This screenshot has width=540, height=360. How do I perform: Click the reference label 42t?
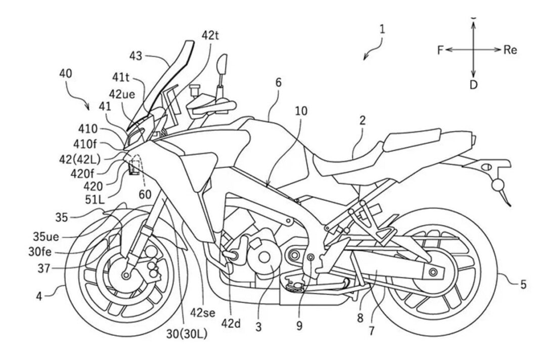pyautogui.click(x=210, y=35)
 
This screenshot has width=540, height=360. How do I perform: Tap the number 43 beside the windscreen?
pyautogui.click(x=136, y=56)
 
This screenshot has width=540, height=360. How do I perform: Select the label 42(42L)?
pyautogui.click(x=79, y=159)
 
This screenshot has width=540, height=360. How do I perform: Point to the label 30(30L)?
pyautogui.click(x=187, y=334)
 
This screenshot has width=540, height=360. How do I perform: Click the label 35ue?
pyautogui.click(x=46, y=237)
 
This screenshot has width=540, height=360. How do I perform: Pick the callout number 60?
pyautogui.click(x=145, y=194)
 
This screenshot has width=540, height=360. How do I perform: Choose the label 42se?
pyautogui.click(x=203, y=312)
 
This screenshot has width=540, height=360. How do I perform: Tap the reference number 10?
pyautogui.click(x=301, y=111)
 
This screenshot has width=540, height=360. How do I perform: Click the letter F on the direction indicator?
pyautogui.click(x=440, y=50)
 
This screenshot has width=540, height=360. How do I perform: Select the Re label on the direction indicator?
pyautogui.click(x=510, y=50)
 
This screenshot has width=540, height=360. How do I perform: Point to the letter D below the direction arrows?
pyautogui.click(x=474, y=85)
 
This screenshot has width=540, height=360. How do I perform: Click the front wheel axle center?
pyautogui.click(x=126, y=275)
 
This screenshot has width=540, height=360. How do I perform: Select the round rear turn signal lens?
pyautogui.click(x=497, y=186)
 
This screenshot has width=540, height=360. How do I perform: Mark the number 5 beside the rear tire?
pyautogui.click(x=523, y=285)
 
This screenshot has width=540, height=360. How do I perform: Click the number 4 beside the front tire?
pyautogui.click(x=39, y=296)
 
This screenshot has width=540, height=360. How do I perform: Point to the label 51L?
pyautogui.click(x=95, y=199)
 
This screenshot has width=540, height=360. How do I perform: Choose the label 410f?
pyautogui.click(x=86, y=144)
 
